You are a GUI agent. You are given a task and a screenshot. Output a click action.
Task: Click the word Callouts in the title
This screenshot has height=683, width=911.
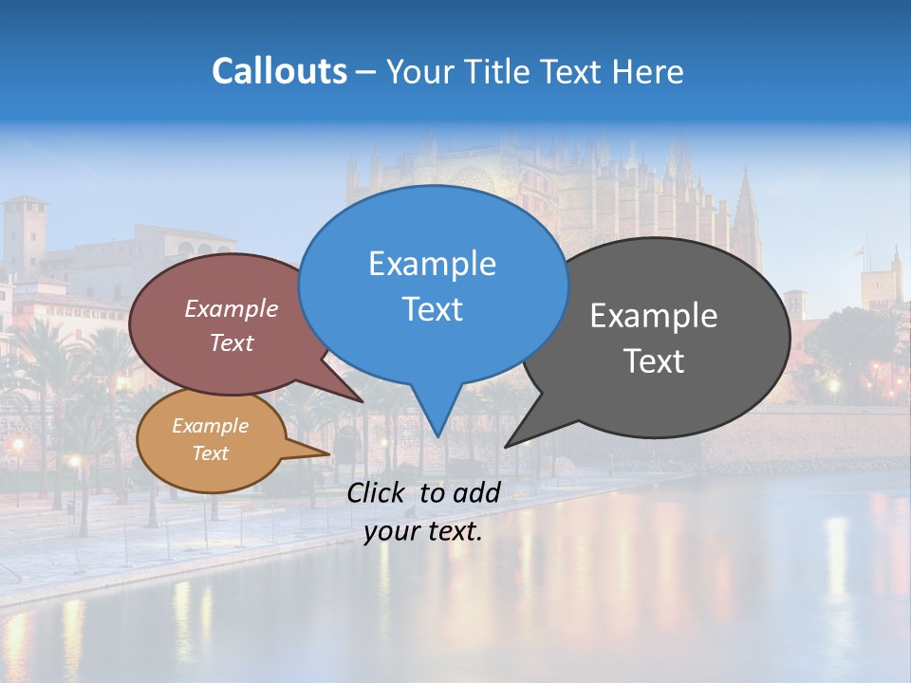tap(279, 71)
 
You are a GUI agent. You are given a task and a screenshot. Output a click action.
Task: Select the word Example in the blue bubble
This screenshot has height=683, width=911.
tap(432, 264)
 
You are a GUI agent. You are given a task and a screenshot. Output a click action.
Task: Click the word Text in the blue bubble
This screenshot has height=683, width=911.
tap(432, 309)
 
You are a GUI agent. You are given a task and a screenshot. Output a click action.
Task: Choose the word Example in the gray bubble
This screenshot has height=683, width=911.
tap(654, 316)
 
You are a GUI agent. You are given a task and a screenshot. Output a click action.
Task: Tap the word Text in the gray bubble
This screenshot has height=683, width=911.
tap(654, 361)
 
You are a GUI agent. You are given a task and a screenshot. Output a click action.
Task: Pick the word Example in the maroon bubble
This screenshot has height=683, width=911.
tap(232, 309)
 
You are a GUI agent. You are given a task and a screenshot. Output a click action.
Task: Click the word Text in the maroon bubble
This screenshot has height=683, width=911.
tap(232, 343)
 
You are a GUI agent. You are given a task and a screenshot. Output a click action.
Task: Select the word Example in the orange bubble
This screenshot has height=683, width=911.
tap(210, 426)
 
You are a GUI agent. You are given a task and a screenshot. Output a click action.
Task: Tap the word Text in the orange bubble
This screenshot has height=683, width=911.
tap(210, 453)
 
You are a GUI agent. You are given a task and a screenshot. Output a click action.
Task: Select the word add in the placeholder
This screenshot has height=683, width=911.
tap(476, 492)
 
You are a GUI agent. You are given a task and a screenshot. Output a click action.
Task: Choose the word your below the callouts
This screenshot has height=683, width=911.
tap(391, 532)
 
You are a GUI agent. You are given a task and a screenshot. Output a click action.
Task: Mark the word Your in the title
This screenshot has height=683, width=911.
tap(417, 71)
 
